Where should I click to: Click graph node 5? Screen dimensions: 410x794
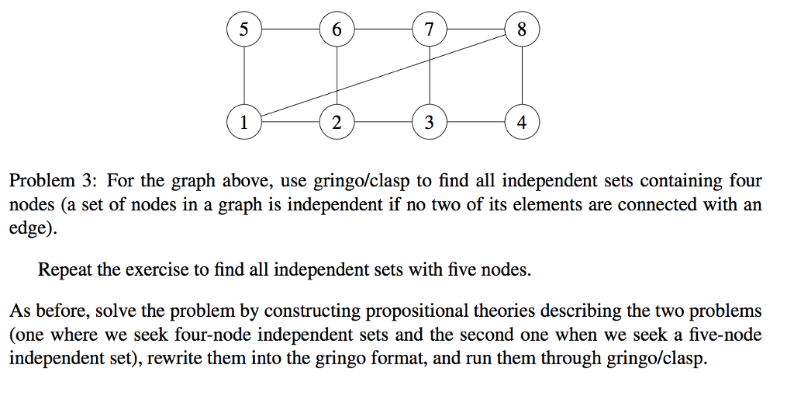(x=244, y=30)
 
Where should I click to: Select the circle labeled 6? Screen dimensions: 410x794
(x=337, y=30)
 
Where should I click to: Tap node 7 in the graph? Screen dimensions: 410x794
(x=430, y=30)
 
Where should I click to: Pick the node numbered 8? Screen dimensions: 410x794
(x=521, y=30)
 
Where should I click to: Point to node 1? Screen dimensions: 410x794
(x=244, y=122)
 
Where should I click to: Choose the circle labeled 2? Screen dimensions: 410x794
(x=337, y=122)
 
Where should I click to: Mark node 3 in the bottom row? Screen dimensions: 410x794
(x=430, y=122)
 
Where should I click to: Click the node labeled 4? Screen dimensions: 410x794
(x=521, y=122)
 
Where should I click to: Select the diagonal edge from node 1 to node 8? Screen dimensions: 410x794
(x=383, y=76)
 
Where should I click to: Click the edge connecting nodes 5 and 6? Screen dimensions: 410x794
(x=290, y=30)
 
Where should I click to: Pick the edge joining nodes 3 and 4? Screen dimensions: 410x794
(x=475, y=122)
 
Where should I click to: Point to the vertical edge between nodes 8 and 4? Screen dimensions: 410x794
(x=521, y=76)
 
